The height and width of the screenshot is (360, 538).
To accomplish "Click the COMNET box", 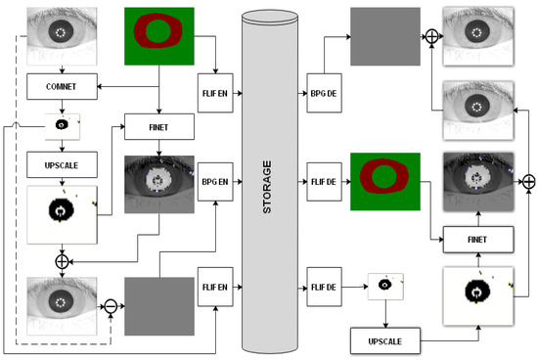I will pos(62,86).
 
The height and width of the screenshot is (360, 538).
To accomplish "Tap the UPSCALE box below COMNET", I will pos(62,160).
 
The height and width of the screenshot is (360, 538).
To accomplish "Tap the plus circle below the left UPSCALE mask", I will pos(62,261).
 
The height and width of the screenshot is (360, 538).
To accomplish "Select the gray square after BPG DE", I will pos(383,36).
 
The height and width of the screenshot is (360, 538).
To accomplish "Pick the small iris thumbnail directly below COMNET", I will pos(61,125).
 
